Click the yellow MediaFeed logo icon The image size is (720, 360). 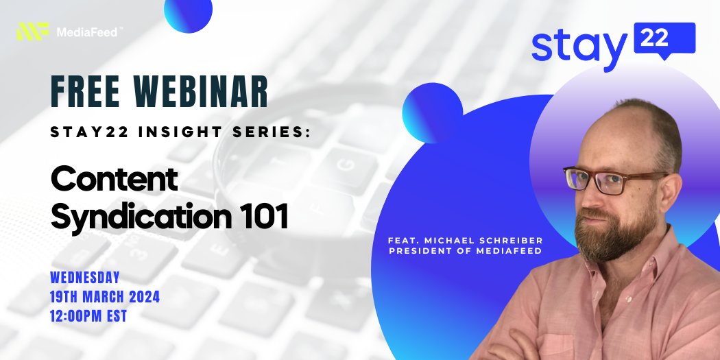[33, 32]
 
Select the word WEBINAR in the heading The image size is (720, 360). [201, 91]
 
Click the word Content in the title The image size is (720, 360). [115, 178]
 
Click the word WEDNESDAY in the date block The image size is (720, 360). [85, 278]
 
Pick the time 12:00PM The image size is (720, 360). [78, 316]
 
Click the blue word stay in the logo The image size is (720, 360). [579, 49]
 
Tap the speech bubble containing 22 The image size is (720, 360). [664, 40]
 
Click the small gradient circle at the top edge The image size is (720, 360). [189, 13]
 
